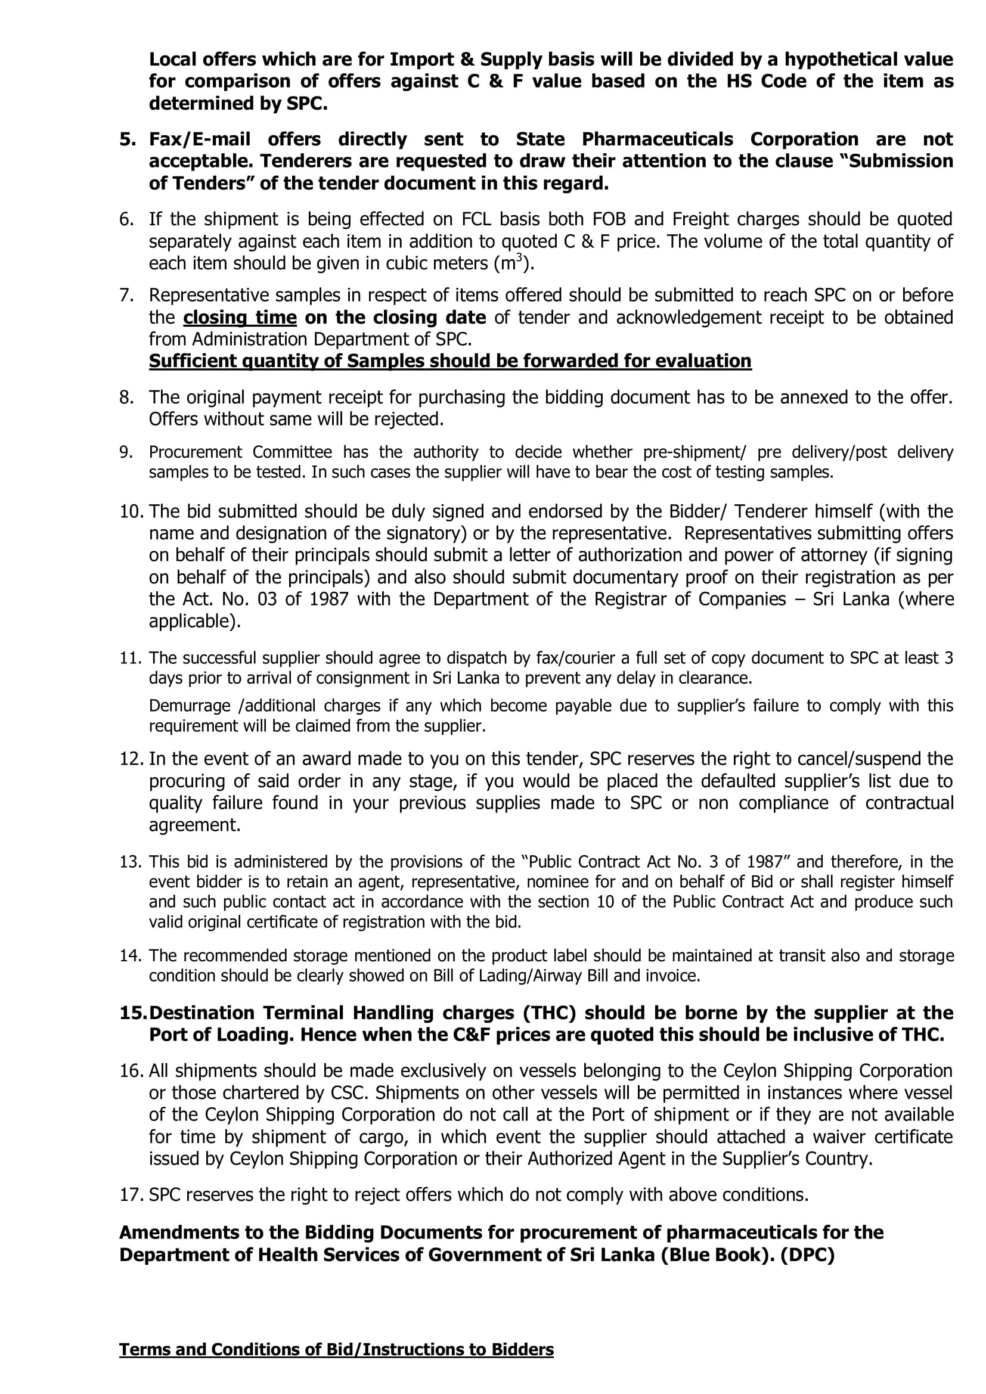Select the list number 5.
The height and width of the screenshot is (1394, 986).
click(x=127, y=139)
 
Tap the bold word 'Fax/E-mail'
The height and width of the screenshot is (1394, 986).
click(x=200, y=139)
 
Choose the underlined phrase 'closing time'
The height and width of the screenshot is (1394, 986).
click(x=240, y=318)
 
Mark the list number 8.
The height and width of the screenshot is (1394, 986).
click(x=126, y=397)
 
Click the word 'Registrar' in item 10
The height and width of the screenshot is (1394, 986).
click(x=629, y=599)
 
